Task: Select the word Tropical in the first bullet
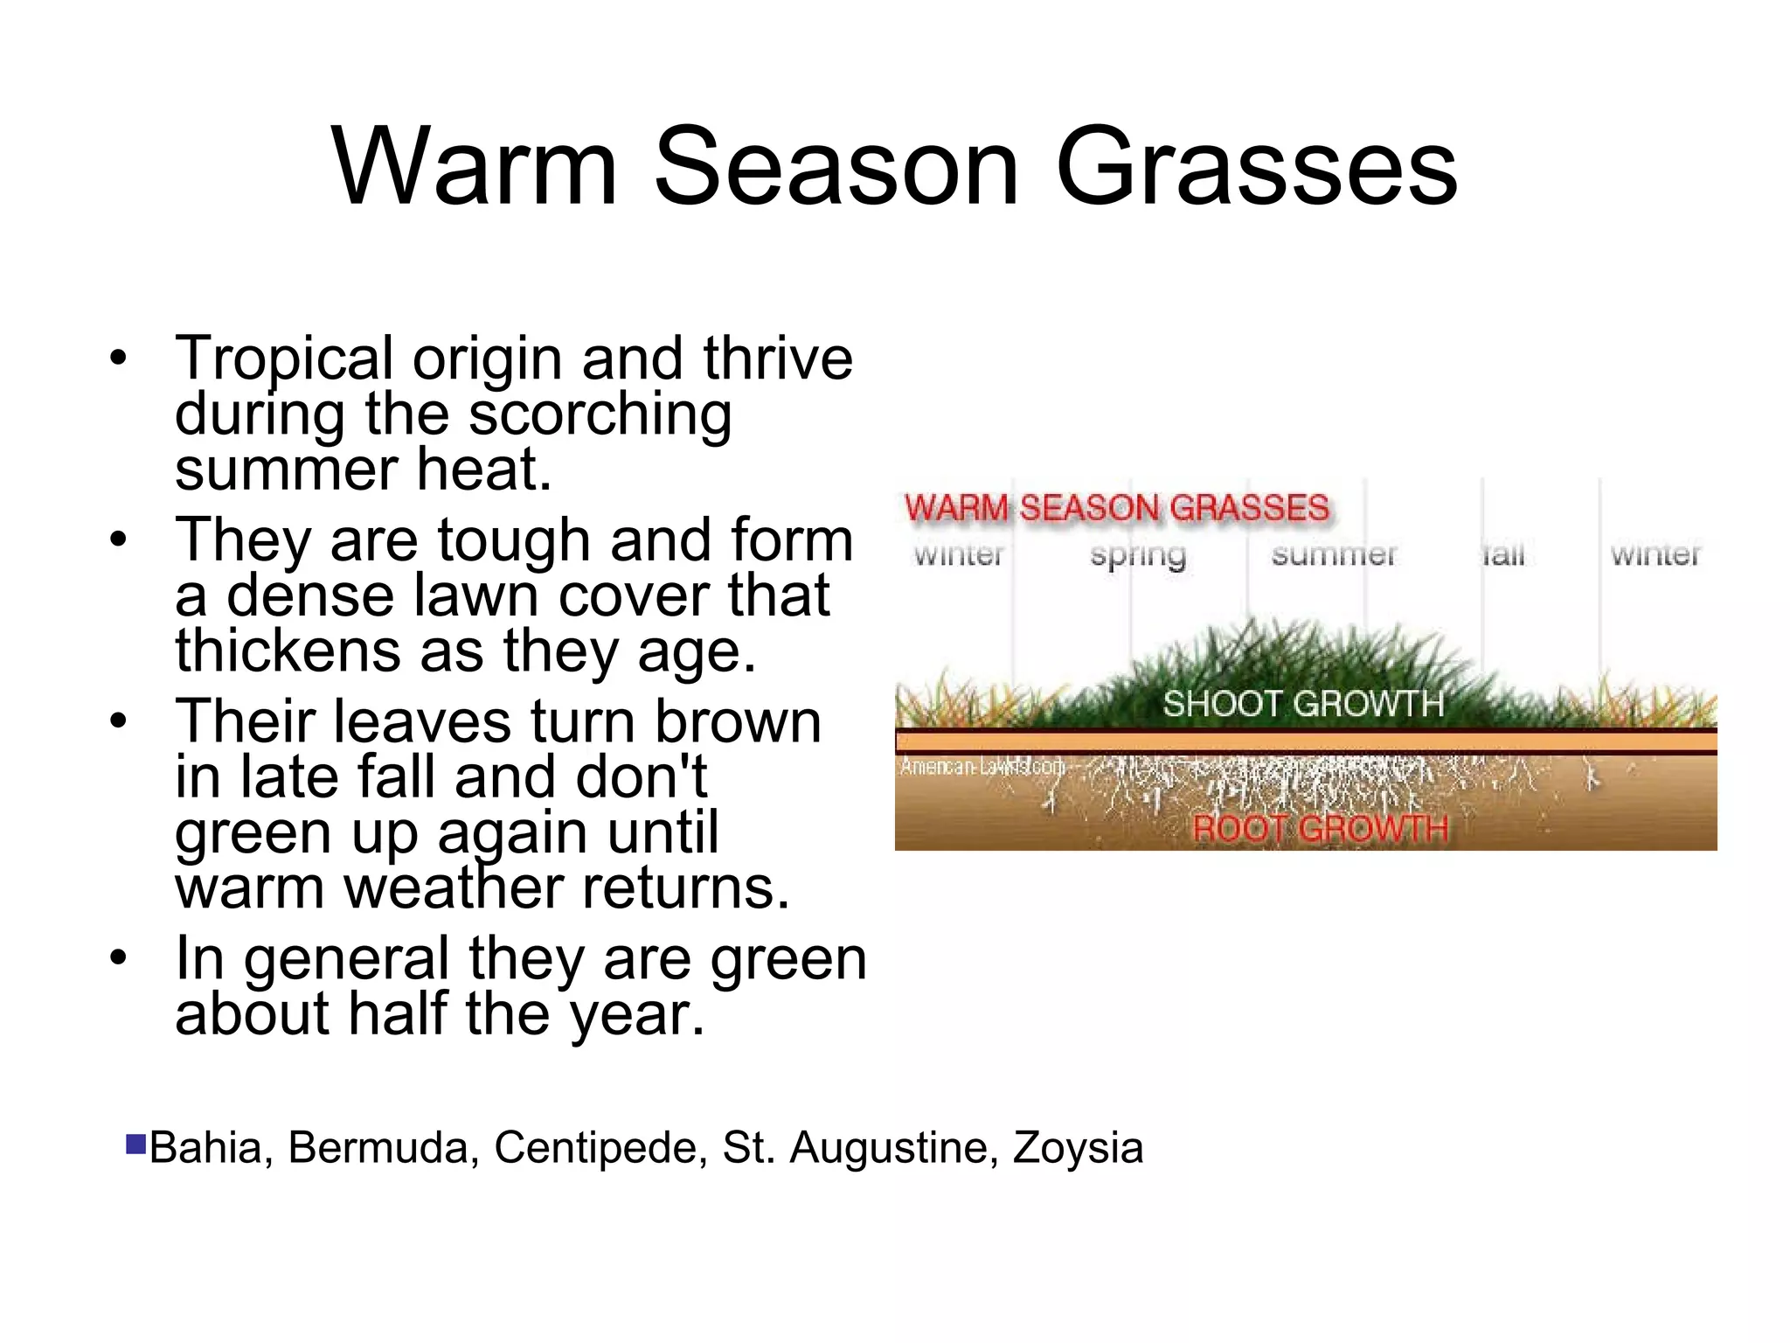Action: point(284,358)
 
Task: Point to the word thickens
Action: point(286,651)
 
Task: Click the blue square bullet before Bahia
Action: point(135,1145)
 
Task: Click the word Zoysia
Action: point(1078,1148)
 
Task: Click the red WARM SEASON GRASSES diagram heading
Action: point(1116,508)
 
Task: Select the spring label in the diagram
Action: point(1137,555)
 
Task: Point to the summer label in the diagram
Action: point(1334,554)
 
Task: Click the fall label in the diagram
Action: point(1502,554)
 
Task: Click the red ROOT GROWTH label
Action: point(1320,828)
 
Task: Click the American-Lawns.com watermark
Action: point(982,767)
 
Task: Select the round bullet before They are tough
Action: point(118,539)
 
